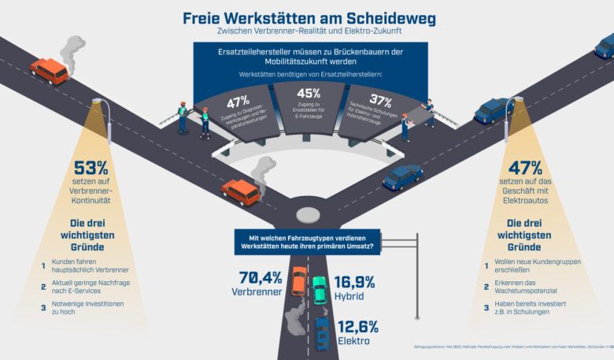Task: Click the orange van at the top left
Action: pos(49,71)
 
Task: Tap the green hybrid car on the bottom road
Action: pos(319,290)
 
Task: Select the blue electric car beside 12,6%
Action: pos(323,334)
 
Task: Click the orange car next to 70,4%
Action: pos(299,280)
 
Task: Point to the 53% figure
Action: pos(91,169)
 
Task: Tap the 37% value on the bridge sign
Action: pos(381,100)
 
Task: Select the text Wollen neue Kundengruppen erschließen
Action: pos(534,262)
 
